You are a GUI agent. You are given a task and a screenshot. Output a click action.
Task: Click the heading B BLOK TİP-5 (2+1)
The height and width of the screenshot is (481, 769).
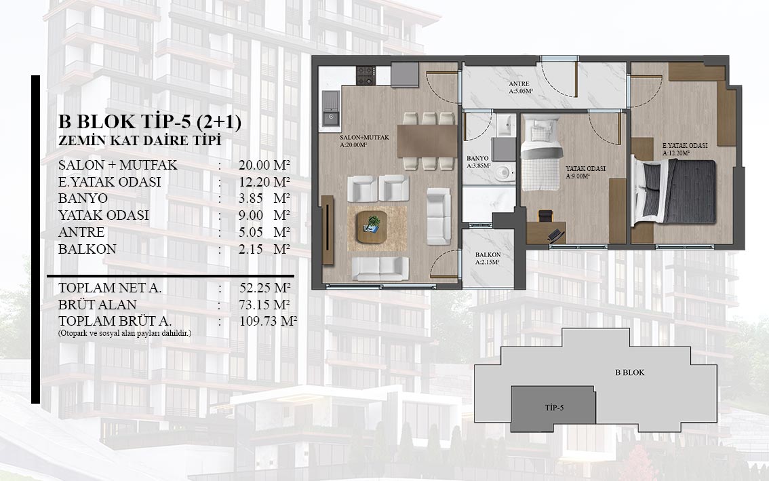[150, 121]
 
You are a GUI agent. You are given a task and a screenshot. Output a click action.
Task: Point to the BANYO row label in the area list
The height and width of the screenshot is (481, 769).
[83, 198]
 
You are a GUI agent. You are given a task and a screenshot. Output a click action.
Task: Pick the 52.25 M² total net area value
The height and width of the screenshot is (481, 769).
[265, 288]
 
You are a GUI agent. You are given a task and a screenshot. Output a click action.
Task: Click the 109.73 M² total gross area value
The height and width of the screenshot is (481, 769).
[268, 322]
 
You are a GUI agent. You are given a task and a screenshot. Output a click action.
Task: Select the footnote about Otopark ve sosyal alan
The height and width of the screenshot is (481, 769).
[125, 333]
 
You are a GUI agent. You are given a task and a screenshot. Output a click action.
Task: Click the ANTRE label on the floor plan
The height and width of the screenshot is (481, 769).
[519, 84]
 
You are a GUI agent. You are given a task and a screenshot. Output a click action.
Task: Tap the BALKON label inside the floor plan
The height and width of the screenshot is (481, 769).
[488, 254]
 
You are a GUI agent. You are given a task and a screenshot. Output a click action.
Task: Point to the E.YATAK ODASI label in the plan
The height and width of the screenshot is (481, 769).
[685, 146]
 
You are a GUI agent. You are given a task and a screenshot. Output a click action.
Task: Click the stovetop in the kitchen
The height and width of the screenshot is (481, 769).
[366, 75]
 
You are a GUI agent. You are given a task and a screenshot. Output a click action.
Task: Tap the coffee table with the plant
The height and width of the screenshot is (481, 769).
[372, 227]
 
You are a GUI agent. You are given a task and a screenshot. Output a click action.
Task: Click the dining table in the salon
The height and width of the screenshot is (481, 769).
[427, 141]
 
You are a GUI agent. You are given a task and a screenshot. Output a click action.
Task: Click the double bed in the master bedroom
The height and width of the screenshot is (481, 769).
[674, 191]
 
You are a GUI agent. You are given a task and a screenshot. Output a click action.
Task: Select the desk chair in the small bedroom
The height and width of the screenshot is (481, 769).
[545, 216]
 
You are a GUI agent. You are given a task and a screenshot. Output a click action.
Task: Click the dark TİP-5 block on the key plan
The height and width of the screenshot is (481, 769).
[553, 408]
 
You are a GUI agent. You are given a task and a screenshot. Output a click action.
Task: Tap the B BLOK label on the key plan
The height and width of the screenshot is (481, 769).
[630, 372]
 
